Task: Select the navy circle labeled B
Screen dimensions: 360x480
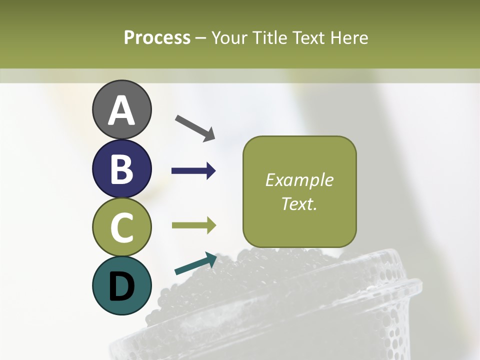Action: (121, 168)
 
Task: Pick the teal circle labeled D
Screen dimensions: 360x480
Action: (121, 285)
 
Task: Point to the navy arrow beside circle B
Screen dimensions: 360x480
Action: (193, 171)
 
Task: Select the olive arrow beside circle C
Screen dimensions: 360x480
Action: (194, 225)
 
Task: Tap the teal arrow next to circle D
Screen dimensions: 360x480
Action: (195, 264)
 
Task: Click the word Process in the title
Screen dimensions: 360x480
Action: (157, 37)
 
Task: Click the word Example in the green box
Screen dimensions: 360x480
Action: (299, 180)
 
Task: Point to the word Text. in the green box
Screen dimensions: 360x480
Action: (299, 203)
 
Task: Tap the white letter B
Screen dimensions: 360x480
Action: (121, 169)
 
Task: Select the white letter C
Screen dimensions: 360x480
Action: (121, 227)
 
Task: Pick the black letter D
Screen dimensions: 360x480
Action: (121, 286)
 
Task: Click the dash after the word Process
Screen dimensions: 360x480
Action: (201, 38)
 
